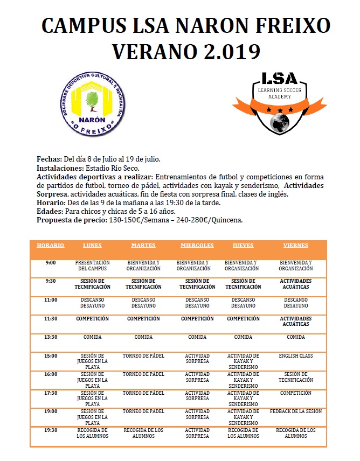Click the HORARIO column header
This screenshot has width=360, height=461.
pyautogui.click(x=50, y=246)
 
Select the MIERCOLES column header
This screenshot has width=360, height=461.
pyautogui.click(x=197, y=246)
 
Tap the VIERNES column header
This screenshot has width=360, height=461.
pyautogui.click(x=296, y=246)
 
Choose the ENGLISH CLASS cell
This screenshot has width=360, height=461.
pyautogui.click(x=296, y=356)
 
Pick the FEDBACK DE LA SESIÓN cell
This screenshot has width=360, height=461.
pyautogui.click(x=296, y=411)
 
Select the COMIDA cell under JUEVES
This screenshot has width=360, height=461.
pyautogui.click(x=243, y=337)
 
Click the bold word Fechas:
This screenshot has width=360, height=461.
pyautogui.click(x=50, y=159)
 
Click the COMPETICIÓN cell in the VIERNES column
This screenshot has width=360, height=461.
pyautogui.click(x=296, y=393)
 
